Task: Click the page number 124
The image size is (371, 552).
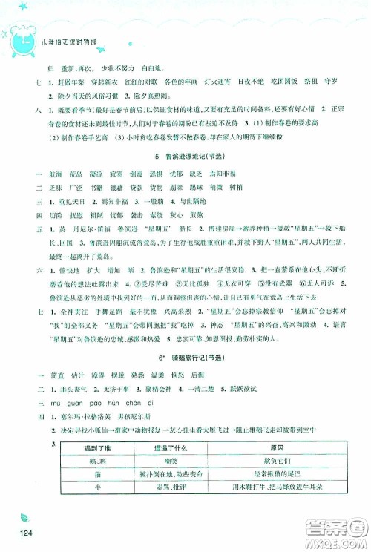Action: click(x=28, y=537)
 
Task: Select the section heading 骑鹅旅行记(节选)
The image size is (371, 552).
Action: click(x=185, y=357)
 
